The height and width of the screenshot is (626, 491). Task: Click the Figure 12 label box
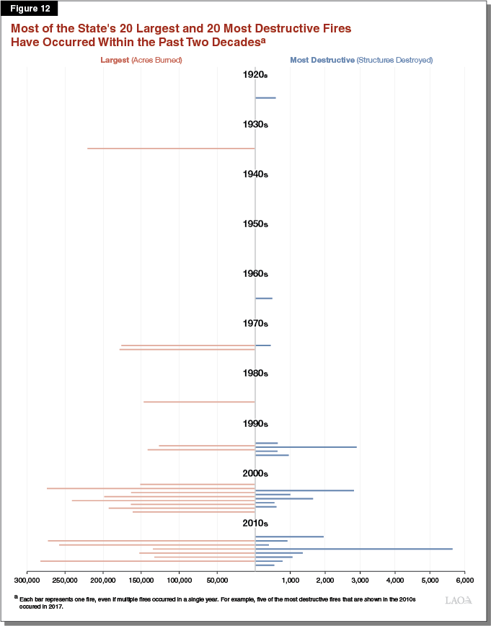click(30, 9)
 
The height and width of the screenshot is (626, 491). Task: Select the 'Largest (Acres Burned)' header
click(141, 60)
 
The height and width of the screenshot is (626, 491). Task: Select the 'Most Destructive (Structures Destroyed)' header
click(360, 60)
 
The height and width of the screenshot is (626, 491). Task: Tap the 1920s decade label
click(255, 74)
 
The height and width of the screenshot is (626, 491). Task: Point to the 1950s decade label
click(255, 224)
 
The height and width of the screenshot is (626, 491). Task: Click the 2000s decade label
click(255, 474)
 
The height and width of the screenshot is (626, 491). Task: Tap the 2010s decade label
click(255, 523)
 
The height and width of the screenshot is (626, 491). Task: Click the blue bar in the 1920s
click(265, 97)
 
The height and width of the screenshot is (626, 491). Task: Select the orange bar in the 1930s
click(171, 149)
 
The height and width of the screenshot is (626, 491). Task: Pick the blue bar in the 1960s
click(264, 298)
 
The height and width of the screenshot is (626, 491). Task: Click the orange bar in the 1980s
click(199, 402)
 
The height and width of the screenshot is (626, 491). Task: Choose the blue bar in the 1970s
click(263, 345)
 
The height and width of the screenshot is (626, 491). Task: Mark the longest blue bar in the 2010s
click(353, 549)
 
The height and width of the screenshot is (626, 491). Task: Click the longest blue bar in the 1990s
click(306, 447)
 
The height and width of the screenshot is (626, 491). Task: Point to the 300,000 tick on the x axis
click(27, 578)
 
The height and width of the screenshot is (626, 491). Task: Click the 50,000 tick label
click(217, 578)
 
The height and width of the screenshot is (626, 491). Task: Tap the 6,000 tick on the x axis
click(464, 578)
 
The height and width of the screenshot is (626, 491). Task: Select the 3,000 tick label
click(360, 578)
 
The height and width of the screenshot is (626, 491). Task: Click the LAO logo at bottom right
click(458, 600)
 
